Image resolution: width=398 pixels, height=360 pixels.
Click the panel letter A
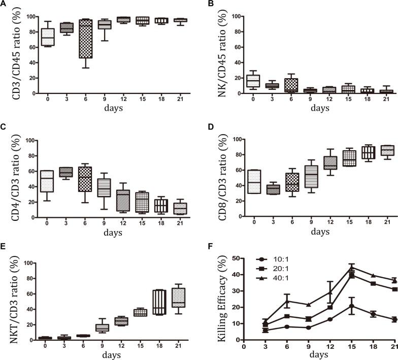4,4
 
